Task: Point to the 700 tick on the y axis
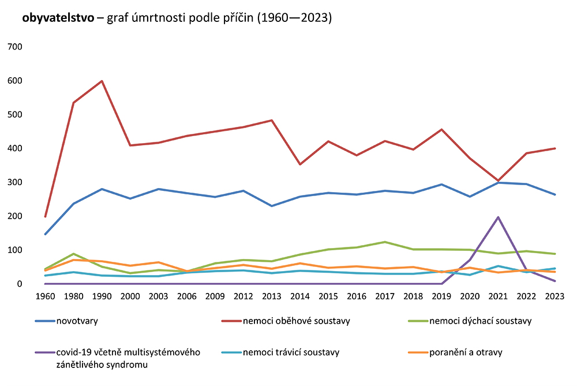coord(14,47)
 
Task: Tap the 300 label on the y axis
coord(14,182)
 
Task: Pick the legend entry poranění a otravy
coord(466,352)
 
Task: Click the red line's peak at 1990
coord(102,81)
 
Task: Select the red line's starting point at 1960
coord(45,216)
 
